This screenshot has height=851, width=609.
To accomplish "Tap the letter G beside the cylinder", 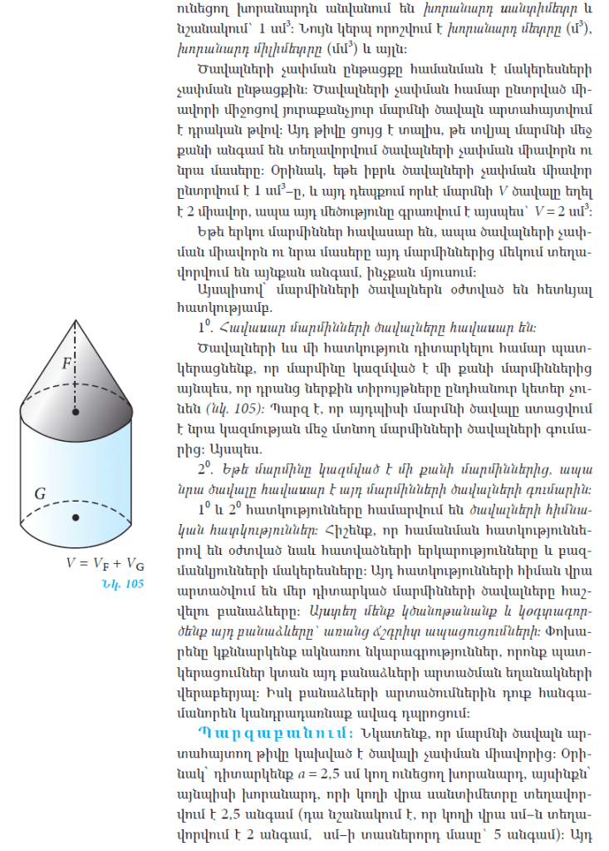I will [39, 493].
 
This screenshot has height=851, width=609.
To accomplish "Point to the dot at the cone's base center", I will [76, 412].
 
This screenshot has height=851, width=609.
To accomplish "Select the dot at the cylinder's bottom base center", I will [76, 517].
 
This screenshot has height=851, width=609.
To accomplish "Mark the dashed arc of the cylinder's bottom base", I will [76, 500].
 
